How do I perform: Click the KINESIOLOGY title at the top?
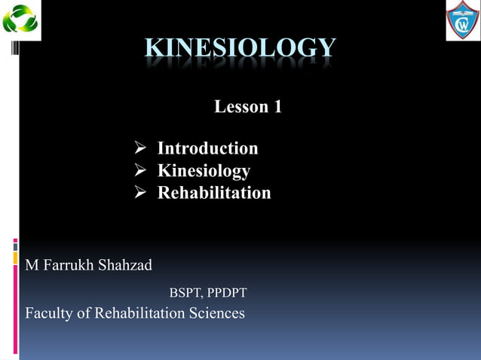[x=240, y=47]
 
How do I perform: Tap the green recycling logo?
[x=20, y=20]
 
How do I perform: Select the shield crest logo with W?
[x=462, y=20]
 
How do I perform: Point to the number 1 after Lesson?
[x=277, y=107]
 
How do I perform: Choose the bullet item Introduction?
[x=207, y=148]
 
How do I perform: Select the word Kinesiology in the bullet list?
[x=204, y=171]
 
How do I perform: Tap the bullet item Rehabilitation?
[x=213, y=194]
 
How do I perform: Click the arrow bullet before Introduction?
[x=139, y=148]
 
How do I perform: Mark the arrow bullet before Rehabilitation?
[x=139, y=194]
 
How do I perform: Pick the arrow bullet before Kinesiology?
[x=139, y=171]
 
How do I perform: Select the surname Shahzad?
[x=125, y=265]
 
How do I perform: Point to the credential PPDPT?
[x=227, y=292]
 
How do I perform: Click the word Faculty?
[x=49, y=313]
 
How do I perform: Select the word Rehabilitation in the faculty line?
[x=138, y=313]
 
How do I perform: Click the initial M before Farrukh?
[x=32, y=265]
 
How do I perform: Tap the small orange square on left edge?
[x=15, y=258]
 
